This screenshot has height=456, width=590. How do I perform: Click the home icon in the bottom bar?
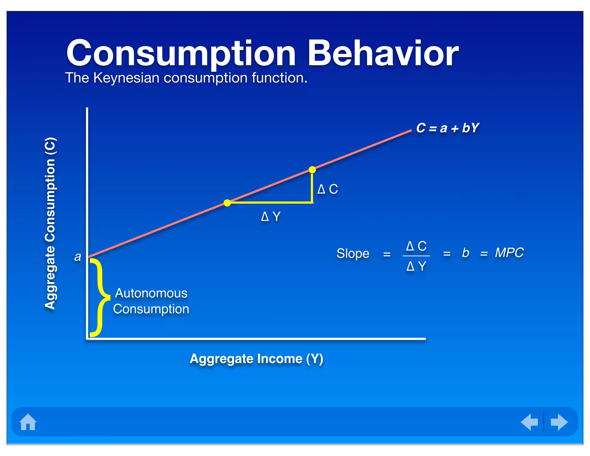tap(28, 422)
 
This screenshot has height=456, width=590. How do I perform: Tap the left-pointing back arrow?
tap(530, 422)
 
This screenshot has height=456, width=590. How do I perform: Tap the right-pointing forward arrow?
tap(559, 422)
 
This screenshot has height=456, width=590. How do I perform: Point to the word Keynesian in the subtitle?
tap(126, 78)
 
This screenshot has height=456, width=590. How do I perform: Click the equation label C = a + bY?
tap(447, 128)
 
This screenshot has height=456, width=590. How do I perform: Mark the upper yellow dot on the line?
tap(312, 170)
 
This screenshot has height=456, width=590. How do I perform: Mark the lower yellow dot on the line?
tap(227, 203)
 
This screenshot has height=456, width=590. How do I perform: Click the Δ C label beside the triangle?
tap(328, 189)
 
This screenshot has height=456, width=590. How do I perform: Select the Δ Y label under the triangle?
tap(271, 216)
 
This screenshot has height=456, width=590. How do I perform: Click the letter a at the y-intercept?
tap(77, 257)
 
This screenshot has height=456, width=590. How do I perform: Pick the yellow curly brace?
tap(99, 297)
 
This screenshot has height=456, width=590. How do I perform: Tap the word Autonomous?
tap(151, 293)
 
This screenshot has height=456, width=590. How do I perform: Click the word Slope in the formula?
tap(353, 254)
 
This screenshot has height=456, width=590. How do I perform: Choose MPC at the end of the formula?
tap(509, 253)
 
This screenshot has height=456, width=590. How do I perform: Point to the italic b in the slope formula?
tap(465, 253)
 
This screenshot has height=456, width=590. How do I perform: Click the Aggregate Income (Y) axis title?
tap(256, 359)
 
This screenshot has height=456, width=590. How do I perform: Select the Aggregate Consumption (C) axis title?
tap(50, 223)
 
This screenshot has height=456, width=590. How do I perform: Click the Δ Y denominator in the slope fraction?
tap(416, 266)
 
